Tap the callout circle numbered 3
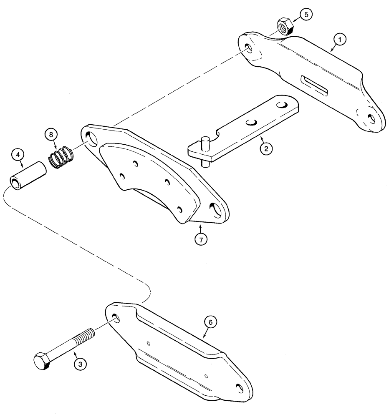tap(81, 364)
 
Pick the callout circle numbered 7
tap(201, 240)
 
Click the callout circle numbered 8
tap(51, 136)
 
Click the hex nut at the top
tap(285, 26)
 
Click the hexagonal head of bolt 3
tap(42, 361)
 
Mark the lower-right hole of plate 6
tap(240, 388)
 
